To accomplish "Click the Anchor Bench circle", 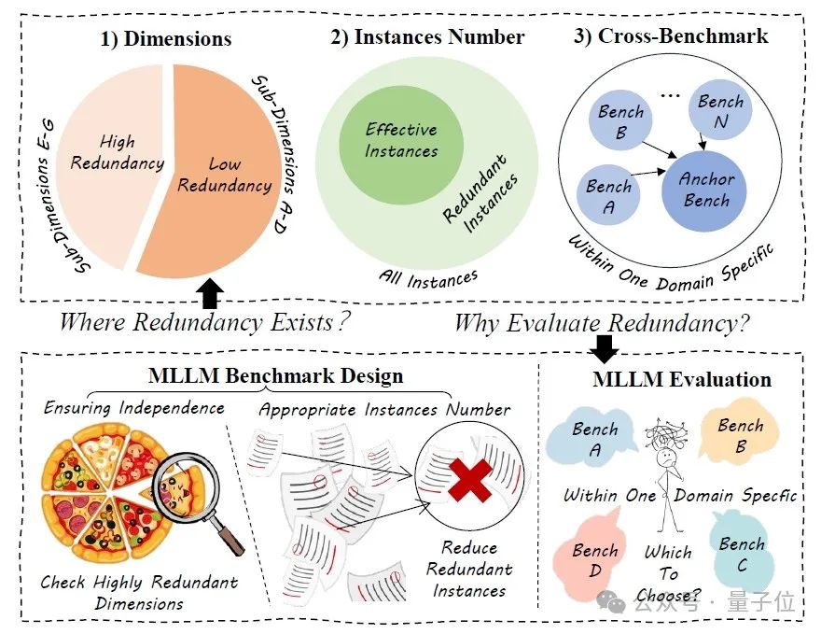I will (704, 189).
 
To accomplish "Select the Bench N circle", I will (720, 112).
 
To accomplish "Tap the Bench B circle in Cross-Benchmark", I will (621, 122).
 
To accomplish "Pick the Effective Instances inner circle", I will (401, 140).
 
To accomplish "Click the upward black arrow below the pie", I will (212, 293).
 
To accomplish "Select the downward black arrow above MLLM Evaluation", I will (606, 349).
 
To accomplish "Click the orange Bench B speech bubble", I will (741, 435).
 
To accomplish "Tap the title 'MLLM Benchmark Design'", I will (275, 376).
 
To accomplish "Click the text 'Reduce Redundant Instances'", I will (468, 570).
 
